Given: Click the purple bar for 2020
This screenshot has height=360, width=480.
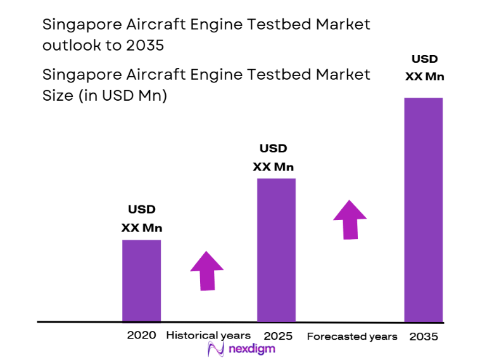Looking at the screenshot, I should [141, 280].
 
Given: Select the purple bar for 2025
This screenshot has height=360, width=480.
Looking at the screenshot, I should [275, 250].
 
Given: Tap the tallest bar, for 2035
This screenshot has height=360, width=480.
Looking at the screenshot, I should [423, 209].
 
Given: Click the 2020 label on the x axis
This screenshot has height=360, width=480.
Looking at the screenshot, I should [141, 335].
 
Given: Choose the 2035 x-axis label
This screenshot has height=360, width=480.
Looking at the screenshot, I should [423, 336].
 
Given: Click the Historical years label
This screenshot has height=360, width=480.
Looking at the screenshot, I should [208, 335].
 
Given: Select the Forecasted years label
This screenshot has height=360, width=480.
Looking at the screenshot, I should [352, 336].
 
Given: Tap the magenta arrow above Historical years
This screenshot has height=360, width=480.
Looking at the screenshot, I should [207, 271].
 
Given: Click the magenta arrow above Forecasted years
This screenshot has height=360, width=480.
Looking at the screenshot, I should [350, 220].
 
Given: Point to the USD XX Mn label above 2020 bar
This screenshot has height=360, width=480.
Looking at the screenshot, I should [142, 219].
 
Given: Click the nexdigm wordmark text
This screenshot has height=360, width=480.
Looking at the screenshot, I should [251, 349].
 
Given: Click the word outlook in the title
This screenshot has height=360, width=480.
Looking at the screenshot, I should [68, 46].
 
